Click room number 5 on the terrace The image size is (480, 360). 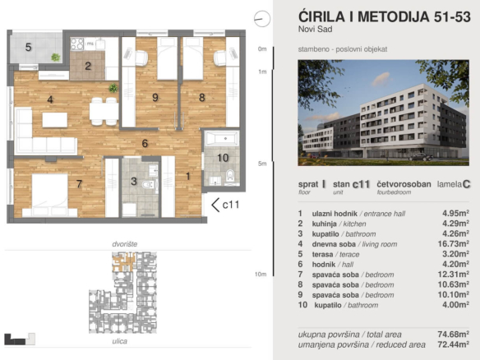pyautogui.click(x=29, y=47)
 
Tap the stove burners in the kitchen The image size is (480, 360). pyautogui.click(x=77, y=44)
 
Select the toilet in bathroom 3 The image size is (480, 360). pyautogui.click(x=150, y=185)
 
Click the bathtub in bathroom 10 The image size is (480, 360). pyautogui.click(x=223, y=138)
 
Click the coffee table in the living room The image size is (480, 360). pyautogui.click(x=55, y=120)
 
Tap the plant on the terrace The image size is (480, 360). pyautogui.click(x=55, y=57)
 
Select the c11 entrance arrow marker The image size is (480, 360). pyautogui.click(x=215, y=205)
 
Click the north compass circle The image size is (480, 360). pyautogui.click(x=262, y=19)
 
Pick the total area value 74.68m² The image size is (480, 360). pyautogui.click(x=454, y=334)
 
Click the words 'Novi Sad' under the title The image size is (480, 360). pyautogui.click(x=316, y=29)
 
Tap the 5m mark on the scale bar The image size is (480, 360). pyautogui.click(x=262, y=164)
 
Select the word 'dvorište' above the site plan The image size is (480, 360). pyautogui.click(x=125, y=244)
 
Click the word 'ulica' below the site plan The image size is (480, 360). pyautogui.click(x=120, y=341)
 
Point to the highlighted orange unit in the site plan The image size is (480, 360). pyautogui.click(x=123, y=262)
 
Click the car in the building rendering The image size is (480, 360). pyautogui.click(x=420, y=157)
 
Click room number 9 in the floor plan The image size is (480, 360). pyautogui.click(x=155, y=98)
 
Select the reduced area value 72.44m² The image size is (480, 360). pyautogui.click(x=454, y=344)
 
